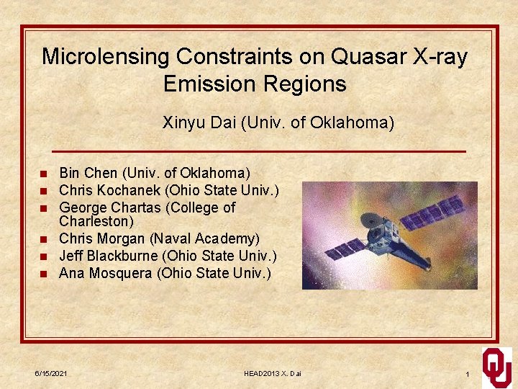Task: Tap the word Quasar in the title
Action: [341, 57]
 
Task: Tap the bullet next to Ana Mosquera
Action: [44, 274]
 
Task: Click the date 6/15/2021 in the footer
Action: [52, 375]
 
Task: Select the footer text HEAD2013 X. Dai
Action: [273, 375]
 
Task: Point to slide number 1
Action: [468, 375]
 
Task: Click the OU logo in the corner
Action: [496, 365]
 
